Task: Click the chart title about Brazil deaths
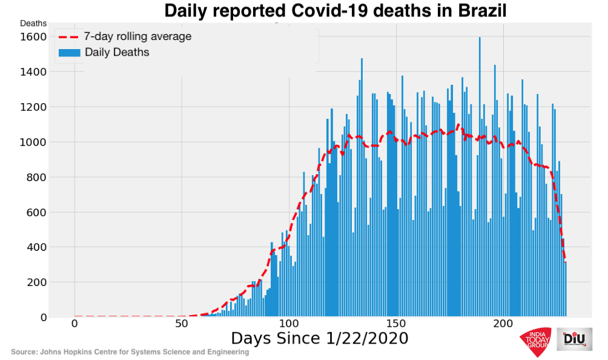coord(335,11)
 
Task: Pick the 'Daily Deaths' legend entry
coord(117,53)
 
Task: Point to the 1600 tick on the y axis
coord(34,37)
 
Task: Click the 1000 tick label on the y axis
coord(34,142)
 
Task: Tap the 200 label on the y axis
coord(36,282)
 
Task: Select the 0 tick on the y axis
coord(43,318)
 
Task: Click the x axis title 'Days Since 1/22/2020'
coord(319,338)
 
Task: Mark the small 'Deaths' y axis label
coord(33,23)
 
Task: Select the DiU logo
coord(574,341)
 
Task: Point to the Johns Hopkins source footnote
coord(130,352)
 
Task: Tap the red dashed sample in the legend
coord(68,37)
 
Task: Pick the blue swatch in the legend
coord(68,53)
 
